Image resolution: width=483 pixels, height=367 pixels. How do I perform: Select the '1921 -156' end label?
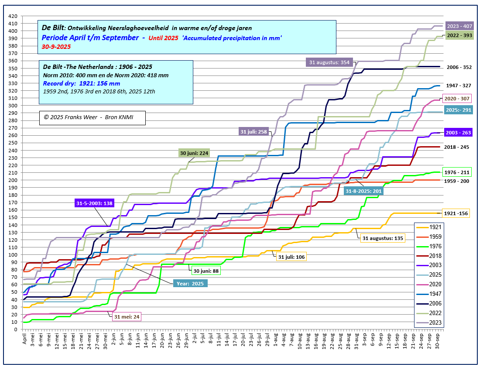click(456, 213)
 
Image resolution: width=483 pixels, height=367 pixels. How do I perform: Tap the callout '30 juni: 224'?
click(194, 153)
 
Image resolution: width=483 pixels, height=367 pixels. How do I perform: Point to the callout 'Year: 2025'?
click(190, 283)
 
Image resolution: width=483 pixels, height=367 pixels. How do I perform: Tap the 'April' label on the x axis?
click(24, 339)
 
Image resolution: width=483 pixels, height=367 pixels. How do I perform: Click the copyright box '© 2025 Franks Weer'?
click(92, 118)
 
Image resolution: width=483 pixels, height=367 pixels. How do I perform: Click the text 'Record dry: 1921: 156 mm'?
click(81, 83)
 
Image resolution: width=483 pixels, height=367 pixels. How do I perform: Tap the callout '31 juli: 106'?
click(291, 257)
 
